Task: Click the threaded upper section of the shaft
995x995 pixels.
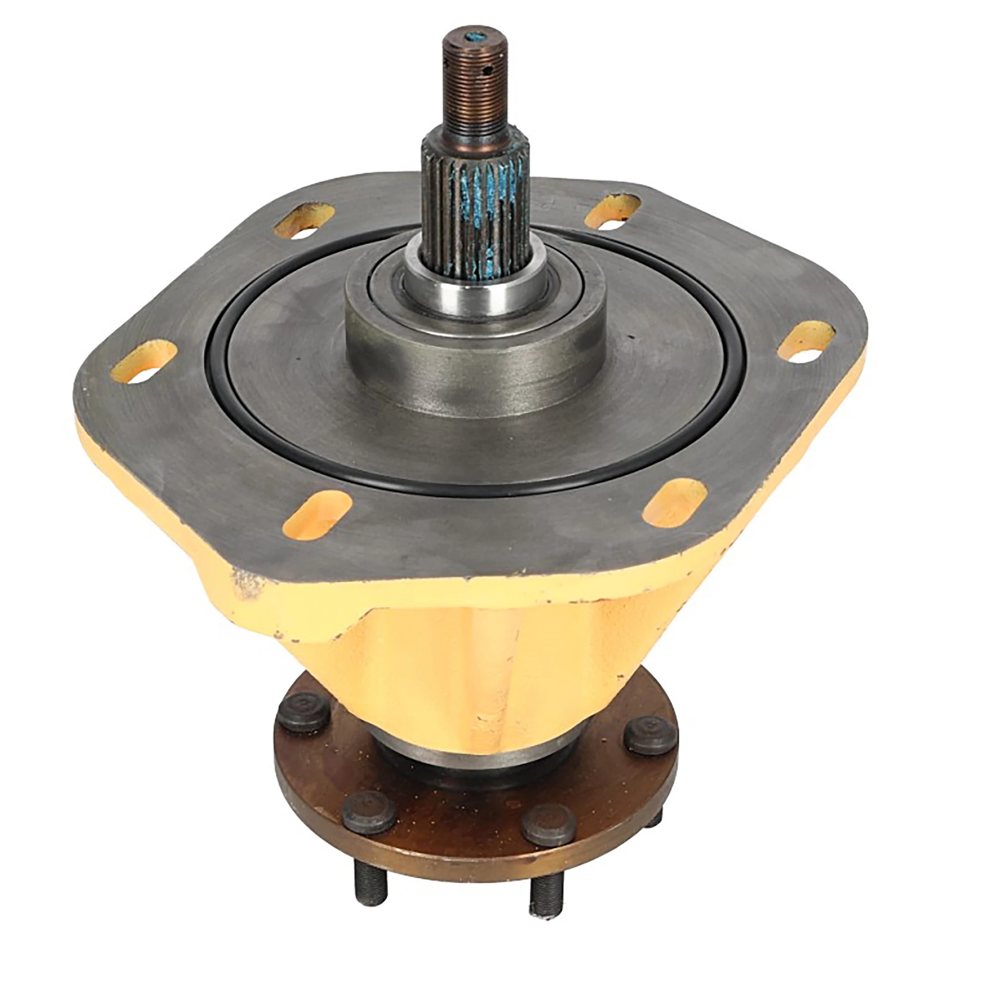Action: point(475,88)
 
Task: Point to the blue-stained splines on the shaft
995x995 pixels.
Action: point(475,206)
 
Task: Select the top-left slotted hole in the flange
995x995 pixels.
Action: point(304,220)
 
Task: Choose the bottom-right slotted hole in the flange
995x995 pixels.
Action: point(675,502)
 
